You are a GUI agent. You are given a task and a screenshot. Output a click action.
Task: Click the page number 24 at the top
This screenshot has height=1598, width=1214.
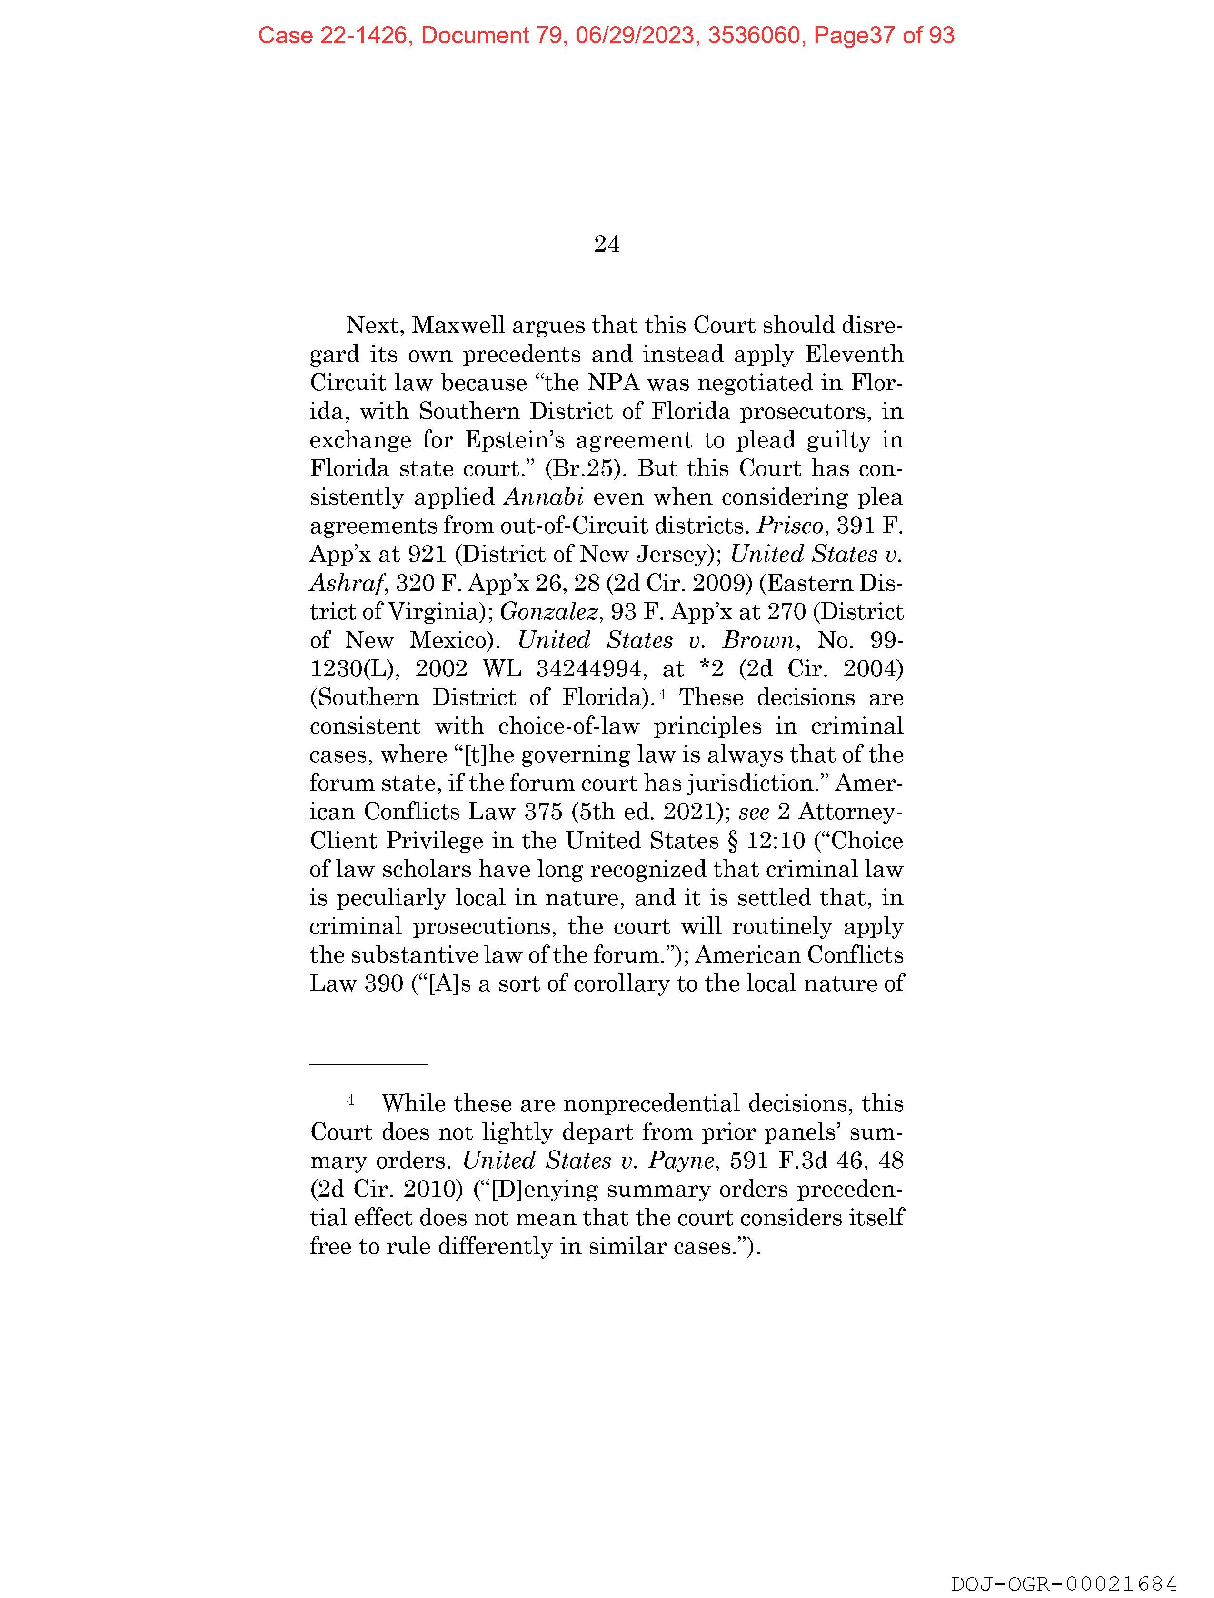606,245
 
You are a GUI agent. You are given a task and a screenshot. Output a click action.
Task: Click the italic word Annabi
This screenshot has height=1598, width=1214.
543,497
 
